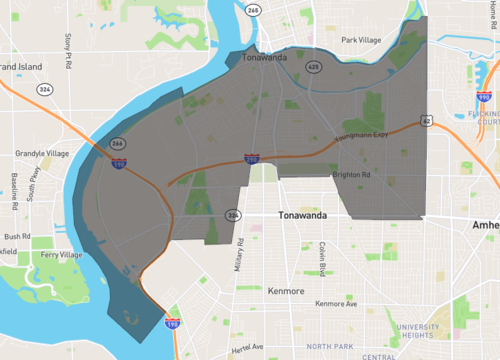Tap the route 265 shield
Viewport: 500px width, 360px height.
(x=253, y=10)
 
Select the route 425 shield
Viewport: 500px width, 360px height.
(x=313, y=67)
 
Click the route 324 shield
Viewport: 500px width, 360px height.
(x=44, y=89)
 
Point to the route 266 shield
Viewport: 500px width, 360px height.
(x=118, y=144)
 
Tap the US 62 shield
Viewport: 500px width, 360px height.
(x=427, y=121)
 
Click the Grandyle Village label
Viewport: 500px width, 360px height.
(x=42, y=153)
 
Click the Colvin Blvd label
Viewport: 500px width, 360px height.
(x=324, y=259)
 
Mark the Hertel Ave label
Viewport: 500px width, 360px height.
(x=245, y=347)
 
